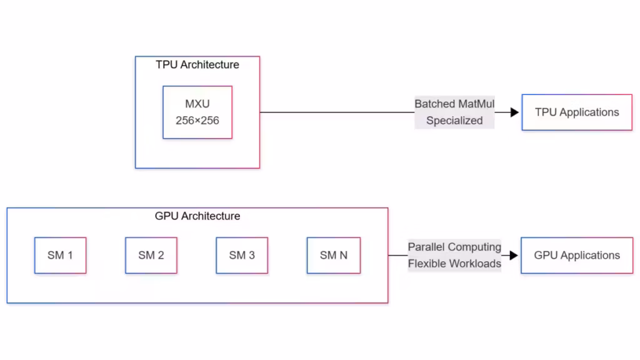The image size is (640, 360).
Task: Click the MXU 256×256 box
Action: [197, 112]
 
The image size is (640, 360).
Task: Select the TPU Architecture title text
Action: [197, 64]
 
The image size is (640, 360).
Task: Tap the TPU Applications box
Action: [577, 112]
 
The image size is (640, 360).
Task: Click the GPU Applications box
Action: [577, 255]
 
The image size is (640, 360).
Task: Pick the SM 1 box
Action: [60, 255]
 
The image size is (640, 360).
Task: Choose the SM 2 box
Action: [151, 255]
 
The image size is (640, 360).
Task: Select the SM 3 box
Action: [242, 255]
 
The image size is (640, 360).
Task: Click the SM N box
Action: [334, 255]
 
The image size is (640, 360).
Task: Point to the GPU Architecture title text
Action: [197, 216]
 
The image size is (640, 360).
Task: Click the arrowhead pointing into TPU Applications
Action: [515, 112]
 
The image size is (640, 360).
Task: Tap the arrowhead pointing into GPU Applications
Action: [514, 255]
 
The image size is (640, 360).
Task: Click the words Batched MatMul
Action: [454, 104]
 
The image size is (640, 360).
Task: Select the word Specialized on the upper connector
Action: [454, 121]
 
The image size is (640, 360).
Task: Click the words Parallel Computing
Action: [454, 247]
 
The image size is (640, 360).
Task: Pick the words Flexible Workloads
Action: [454, 264]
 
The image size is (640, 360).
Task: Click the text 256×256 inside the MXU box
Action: [197, 121]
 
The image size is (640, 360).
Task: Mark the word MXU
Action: [197, 104]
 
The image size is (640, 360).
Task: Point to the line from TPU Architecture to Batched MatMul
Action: [337, 112]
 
